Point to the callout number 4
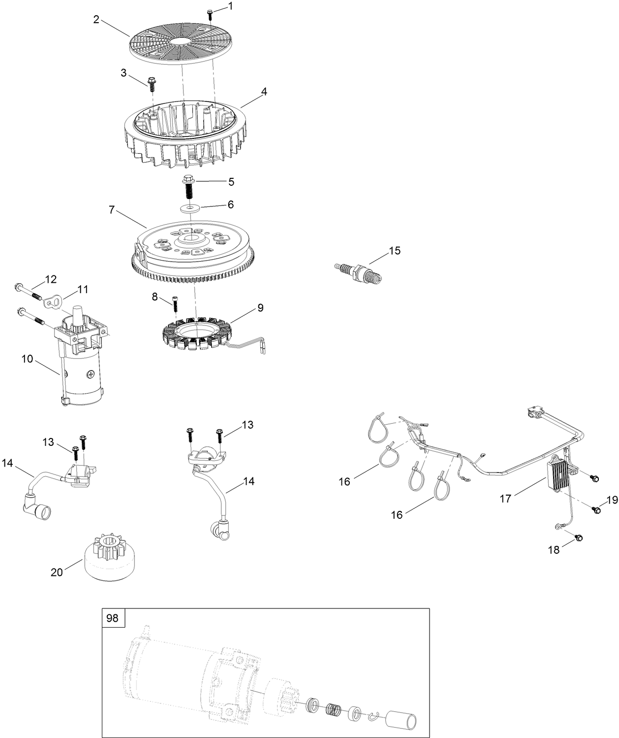tap(265, 92)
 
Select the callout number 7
tap(112, 210)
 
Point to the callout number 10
tap(27, 359)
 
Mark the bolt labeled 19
tap(597, 511)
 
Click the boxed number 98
tap(113, 618)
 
